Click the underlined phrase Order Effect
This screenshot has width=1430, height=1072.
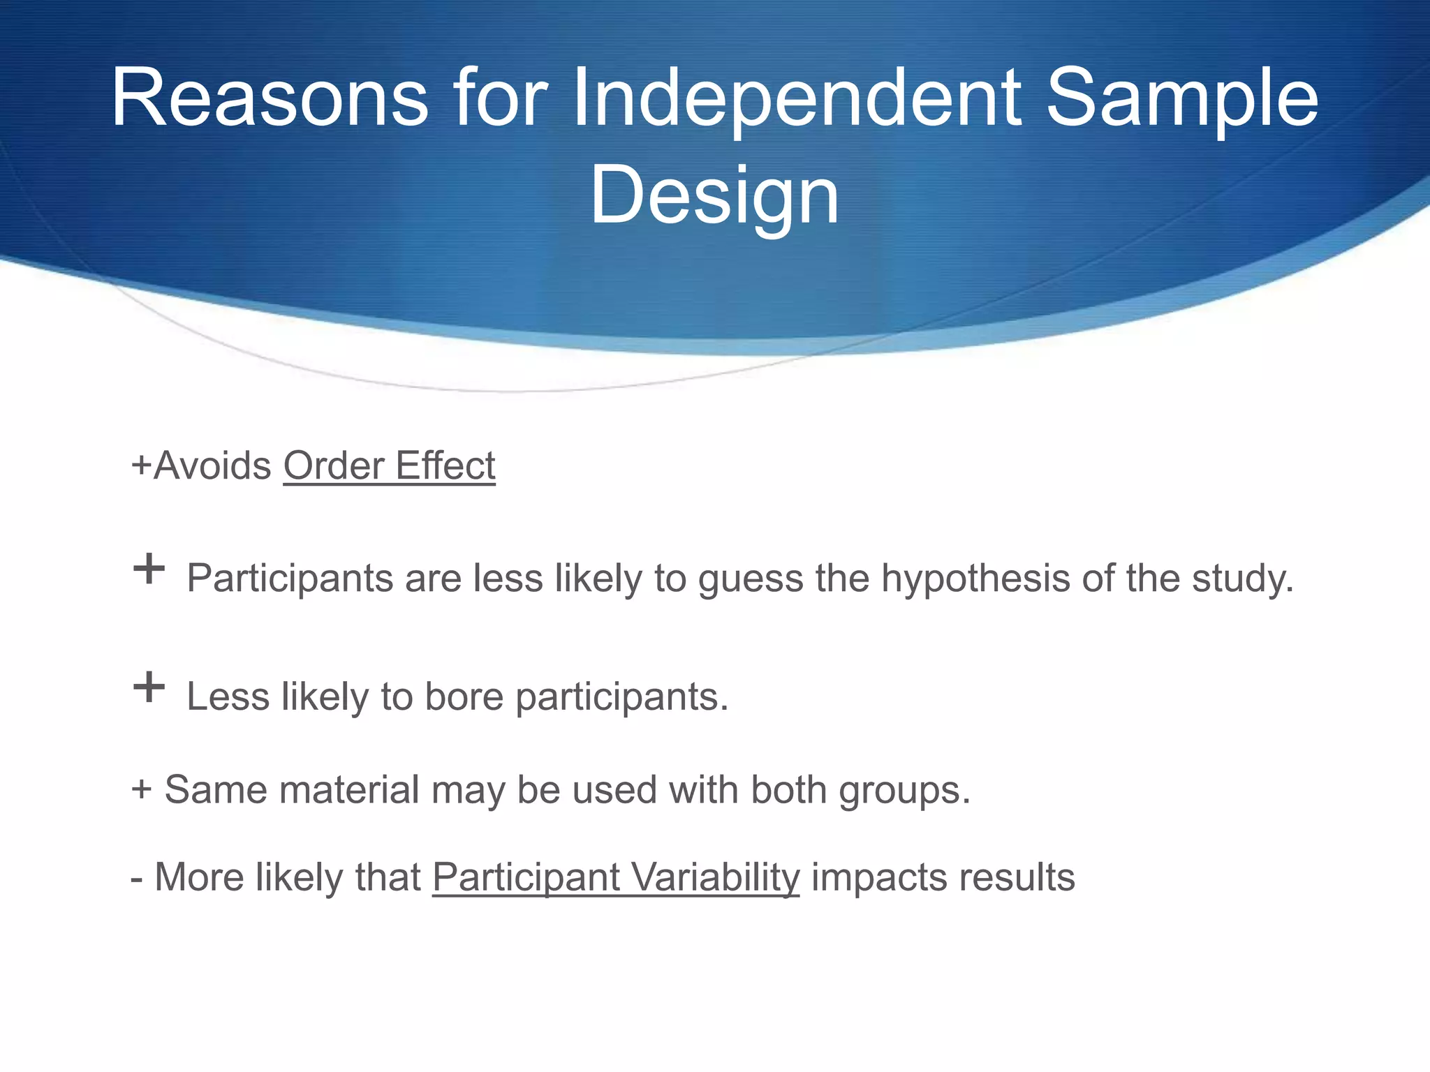tap(389, 466)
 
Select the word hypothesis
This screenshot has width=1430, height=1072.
tap(975, 579)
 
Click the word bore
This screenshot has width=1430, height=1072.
tap(464, 697)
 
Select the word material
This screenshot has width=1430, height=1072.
tap(349, 790)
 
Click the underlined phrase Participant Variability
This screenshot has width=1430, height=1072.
tap(616, 877)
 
